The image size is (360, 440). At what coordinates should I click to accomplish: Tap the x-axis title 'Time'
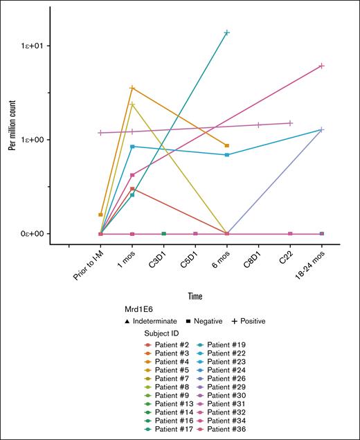[195, 296]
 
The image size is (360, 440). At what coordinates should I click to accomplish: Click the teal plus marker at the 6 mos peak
[227, 33]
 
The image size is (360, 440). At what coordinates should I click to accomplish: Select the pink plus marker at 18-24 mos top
[322, 66]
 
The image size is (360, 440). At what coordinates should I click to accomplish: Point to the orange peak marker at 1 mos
[132, 88]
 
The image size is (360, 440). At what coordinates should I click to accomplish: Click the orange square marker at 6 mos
[227, 145]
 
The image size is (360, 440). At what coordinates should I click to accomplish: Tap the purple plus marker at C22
[290, 123]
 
